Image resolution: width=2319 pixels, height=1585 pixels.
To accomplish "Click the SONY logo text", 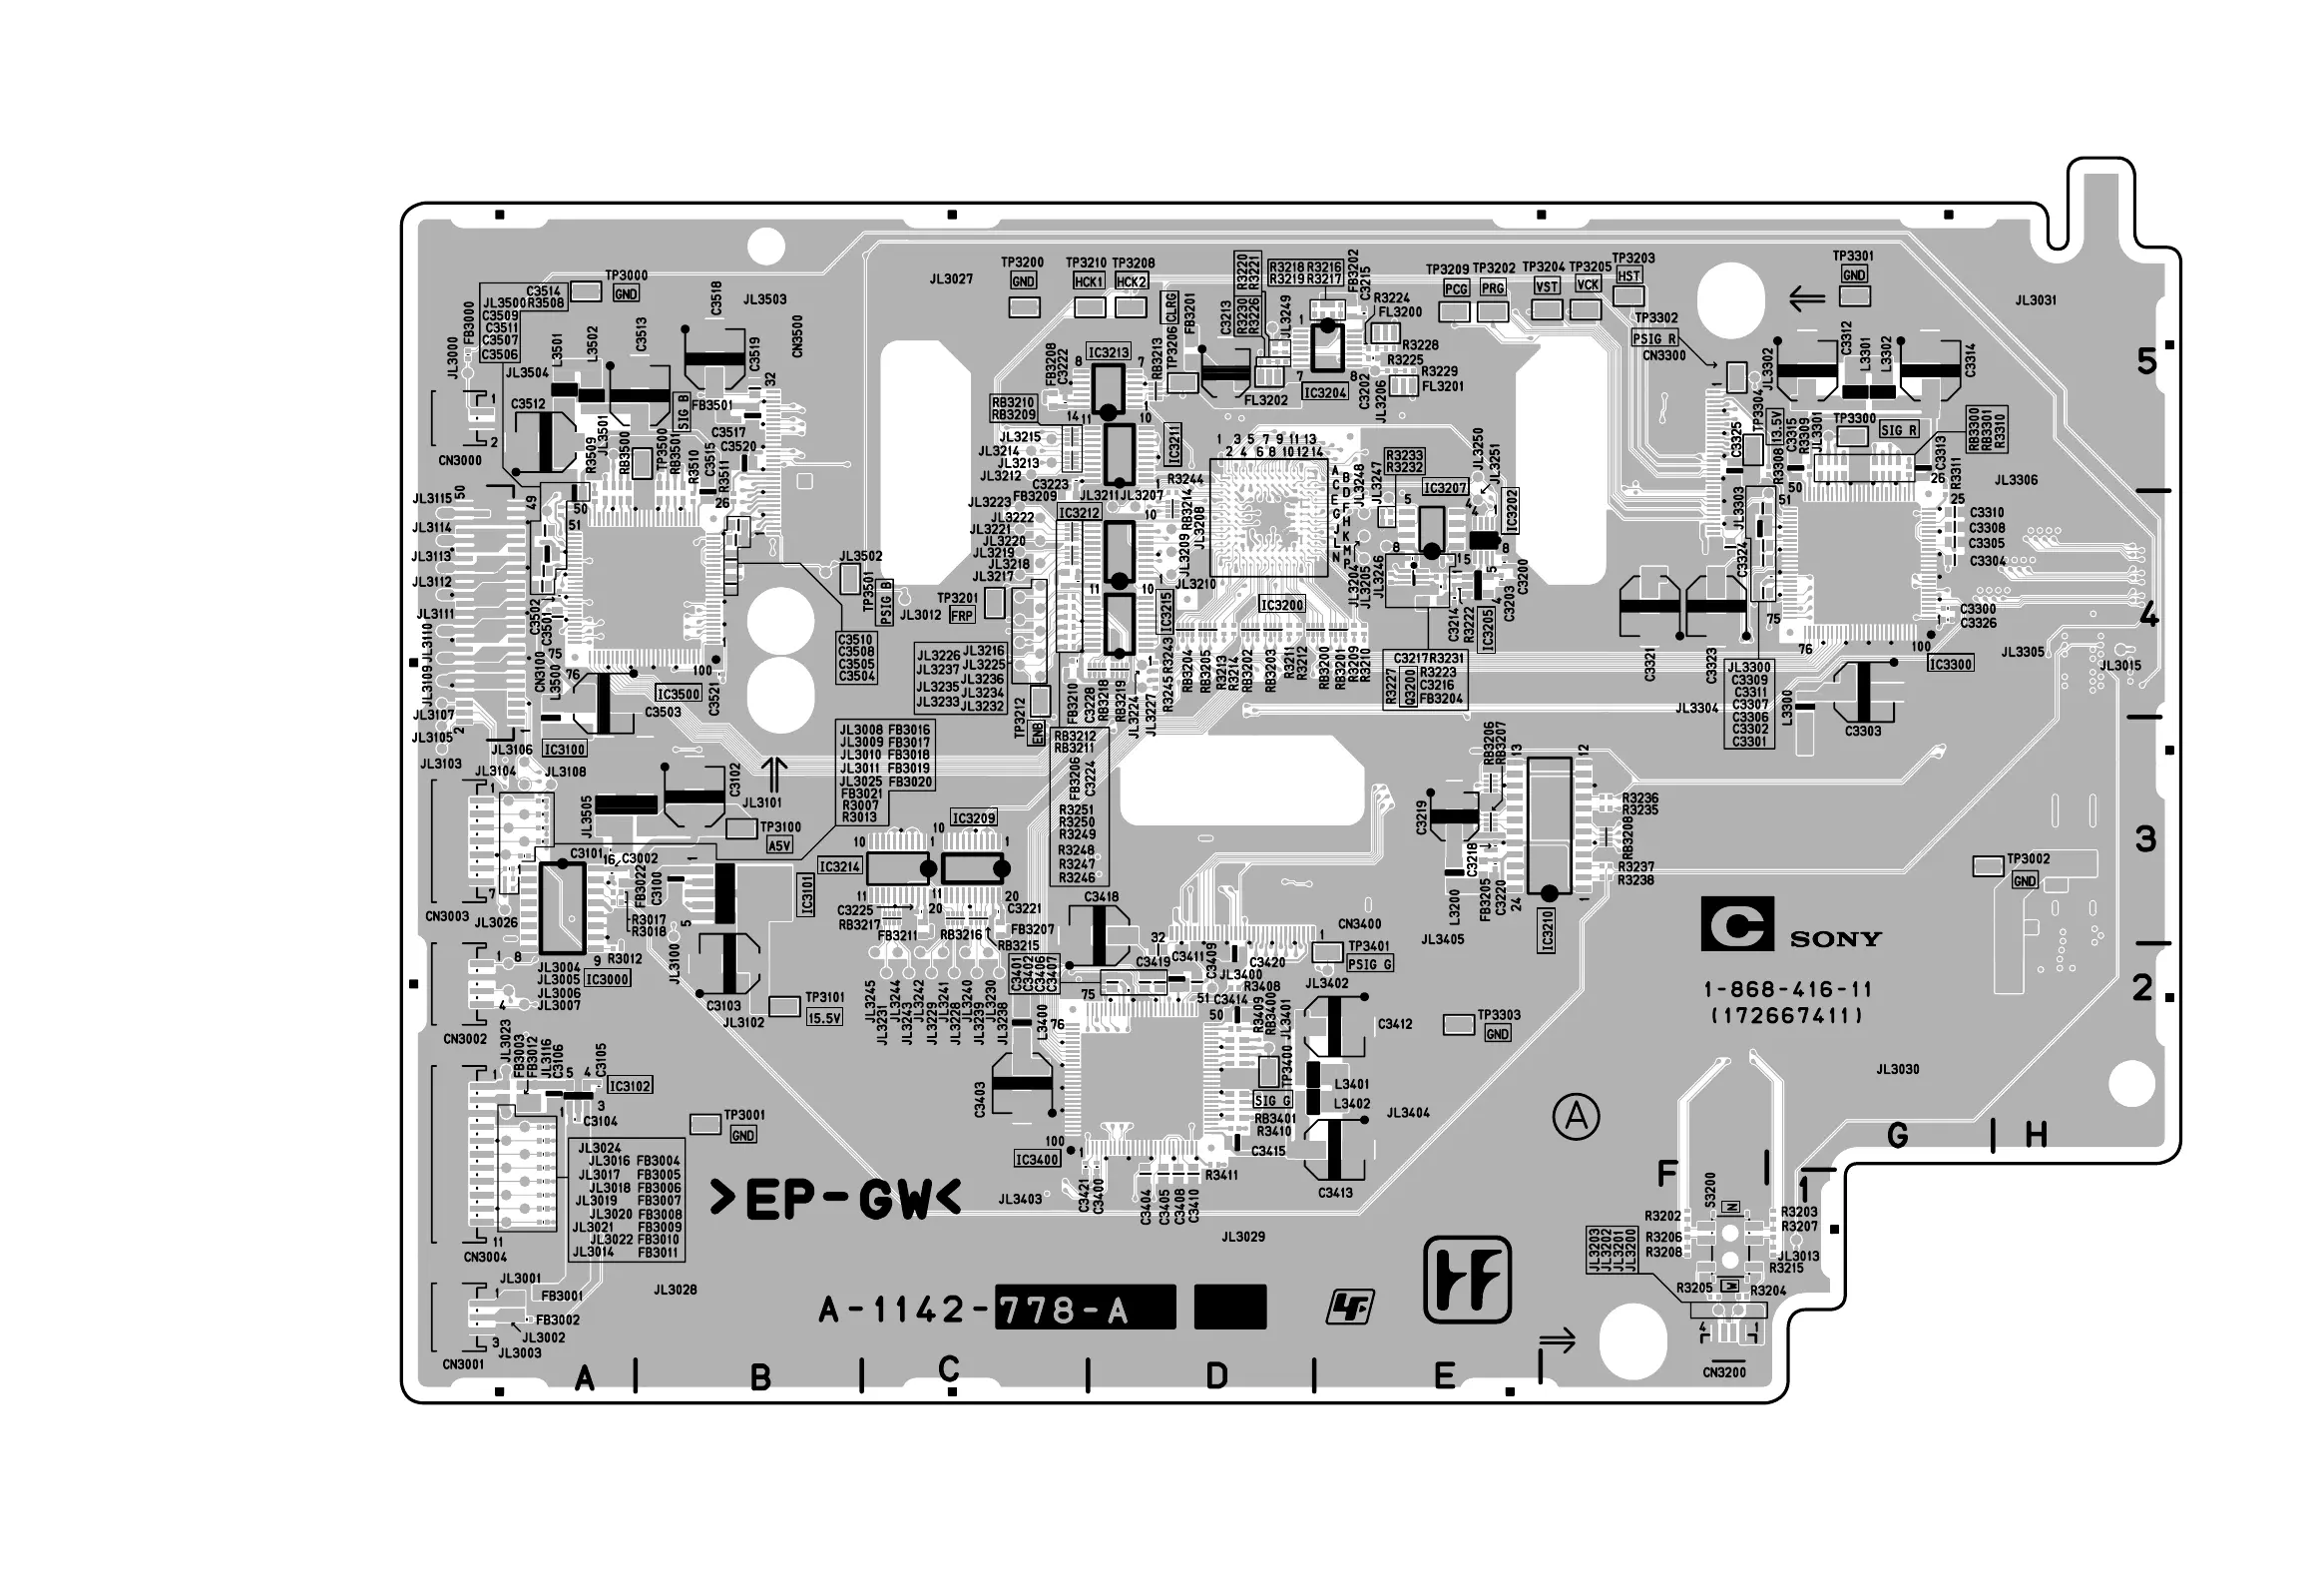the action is click(1835, 939).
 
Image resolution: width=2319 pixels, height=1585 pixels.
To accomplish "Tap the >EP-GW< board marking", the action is click(834, 1200).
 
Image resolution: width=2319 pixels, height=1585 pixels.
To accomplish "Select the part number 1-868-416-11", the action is click(1787, 990).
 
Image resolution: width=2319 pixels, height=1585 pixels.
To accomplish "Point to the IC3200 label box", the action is click(1281, 605).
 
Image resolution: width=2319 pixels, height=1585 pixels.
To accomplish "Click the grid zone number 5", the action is click(2147, 361).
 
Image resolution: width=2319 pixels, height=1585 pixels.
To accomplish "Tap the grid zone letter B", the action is click(760, 1378).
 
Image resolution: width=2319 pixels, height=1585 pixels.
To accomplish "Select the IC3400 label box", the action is click(1037, 1160).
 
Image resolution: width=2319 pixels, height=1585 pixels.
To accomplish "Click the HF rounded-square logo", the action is click(1467, 1280).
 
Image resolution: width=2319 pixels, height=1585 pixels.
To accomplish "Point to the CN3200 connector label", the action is click(1724, 1372).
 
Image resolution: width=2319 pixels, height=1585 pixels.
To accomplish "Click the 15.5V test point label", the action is click(824, 1018).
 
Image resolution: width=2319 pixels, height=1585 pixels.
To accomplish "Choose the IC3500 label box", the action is click(679, 695).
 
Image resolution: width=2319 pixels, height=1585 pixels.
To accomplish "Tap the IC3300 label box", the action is click(1951, 664).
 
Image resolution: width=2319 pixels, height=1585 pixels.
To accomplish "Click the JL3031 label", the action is click(2036, 300).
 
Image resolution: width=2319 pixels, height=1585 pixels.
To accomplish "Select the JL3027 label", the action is click(951, 279).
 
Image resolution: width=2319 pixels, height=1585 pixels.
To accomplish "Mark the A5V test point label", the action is click(778, 846).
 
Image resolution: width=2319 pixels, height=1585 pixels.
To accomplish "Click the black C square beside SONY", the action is click(1737, 925).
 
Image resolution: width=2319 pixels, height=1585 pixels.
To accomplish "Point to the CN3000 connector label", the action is click(460, 461).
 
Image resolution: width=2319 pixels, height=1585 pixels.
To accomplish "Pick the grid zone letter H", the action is click(2037, 1135).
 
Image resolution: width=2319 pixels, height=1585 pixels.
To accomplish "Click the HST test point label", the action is click(1628, 276).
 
